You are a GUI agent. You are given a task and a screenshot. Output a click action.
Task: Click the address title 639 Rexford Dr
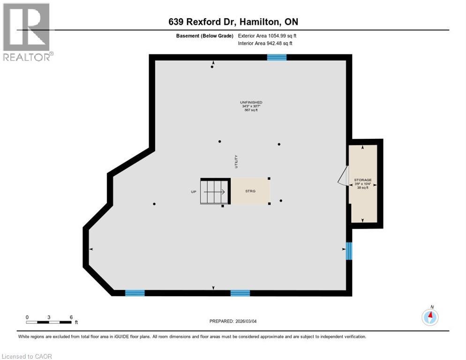(233, 22)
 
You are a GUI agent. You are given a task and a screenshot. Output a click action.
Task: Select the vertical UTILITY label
(237, 162)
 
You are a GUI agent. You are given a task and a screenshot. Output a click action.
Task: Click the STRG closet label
(250, 191)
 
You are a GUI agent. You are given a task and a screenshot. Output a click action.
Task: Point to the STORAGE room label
(363, 180)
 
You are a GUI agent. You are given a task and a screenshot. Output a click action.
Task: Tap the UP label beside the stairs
(193, 192)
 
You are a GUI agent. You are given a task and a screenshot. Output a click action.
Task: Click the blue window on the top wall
(277, 57)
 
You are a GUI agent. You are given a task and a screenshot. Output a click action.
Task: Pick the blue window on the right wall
(349, 251)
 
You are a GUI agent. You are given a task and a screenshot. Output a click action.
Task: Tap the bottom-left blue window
(135, 293)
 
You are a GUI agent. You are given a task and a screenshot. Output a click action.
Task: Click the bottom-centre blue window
(240, 293)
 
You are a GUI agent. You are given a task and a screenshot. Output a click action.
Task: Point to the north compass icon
(430, 317)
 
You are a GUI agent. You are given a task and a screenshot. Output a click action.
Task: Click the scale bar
(49, 322)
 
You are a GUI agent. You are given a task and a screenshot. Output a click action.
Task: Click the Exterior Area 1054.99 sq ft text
(267, 36)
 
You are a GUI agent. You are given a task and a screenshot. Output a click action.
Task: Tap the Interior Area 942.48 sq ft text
(265, 44)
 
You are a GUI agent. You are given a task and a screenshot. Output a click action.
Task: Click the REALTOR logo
(27, 32)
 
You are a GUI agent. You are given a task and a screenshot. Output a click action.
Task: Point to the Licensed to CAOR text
(27, 356)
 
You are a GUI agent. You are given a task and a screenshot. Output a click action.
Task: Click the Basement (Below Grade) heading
(205, 36)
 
